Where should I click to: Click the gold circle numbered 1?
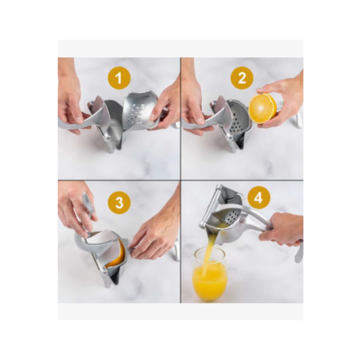point(119,78)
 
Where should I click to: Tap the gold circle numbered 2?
point(242,78)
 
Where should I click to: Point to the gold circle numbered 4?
point(259,198)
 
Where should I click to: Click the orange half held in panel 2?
point(262,108)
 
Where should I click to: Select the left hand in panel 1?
point(71,96)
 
